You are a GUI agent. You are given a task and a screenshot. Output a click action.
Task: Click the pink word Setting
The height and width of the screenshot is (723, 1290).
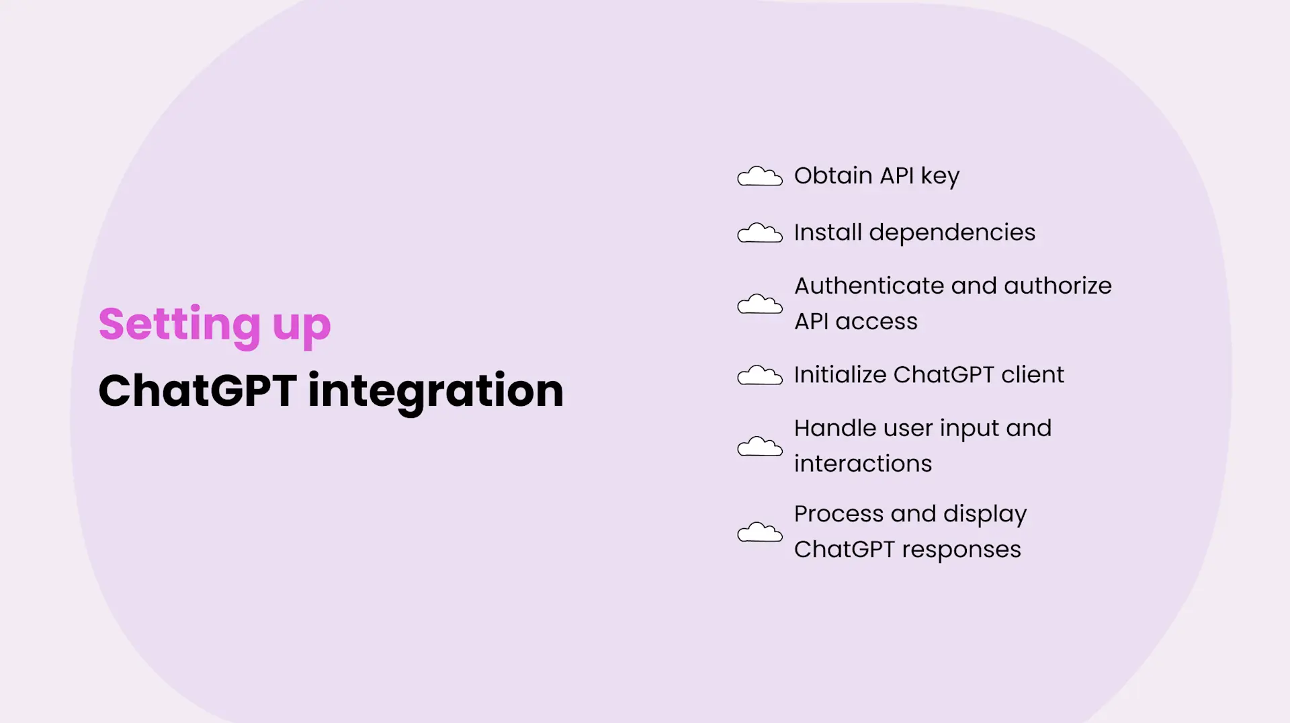(179, 324)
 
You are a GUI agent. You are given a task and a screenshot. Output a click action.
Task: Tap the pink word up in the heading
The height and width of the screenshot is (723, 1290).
(302, 327)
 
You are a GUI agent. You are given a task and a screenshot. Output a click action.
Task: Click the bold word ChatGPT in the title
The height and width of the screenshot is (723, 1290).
(198, 390)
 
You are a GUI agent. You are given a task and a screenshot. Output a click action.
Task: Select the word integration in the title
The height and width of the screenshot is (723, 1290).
(435, 392)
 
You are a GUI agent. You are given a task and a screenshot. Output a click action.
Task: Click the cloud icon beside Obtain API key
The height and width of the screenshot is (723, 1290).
(760, 176)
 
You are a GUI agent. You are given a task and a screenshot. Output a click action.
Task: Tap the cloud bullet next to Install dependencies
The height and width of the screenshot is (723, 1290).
(760, 233)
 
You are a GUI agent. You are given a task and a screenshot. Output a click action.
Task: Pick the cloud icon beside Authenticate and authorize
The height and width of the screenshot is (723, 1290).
(760, 304)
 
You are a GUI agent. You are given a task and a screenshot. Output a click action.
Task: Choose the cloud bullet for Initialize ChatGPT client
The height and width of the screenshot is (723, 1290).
(760, 376)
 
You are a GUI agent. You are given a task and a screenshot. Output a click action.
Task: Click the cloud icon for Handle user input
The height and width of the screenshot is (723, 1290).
(760, 447)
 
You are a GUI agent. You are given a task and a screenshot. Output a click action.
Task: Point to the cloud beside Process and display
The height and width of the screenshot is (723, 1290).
(760, 532)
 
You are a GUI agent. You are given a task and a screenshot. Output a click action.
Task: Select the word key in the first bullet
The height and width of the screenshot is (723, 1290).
(940, 177)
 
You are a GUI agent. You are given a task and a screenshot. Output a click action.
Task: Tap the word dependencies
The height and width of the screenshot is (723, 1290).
(952, 232)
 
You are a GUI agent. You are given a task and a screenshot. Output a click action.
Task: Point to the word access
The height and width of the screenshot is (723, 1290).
(876, 322)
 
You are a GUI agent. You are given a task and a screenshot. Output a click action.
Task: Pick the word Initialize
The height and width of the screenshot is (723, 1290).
(840, 375)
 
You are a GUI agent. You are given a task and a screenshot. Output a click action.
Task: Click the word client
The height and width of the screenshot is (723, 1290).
(1033, 375)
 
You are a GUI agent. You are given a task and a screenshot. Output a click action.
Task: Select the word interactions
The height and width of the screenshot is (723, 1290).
(863, 464)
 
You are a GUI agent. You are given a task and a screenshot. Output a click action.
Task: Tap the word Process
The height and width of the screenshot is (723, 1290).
(838, 514)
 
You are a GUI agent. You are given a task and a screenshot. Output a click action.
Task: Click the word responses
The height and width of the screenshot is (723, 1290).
(961, 550)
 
